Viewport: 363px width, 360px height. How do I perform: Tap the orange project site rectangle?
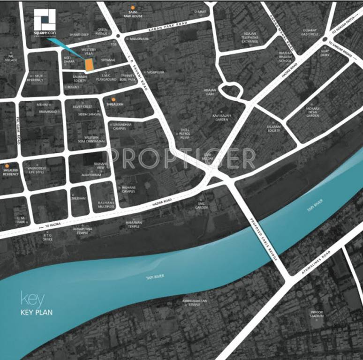[x=88, y=65]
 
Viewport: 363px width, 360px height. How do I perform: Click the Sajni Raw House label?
[x=133, y=14]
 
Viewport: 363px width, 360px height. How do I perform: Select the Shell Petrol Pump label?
[x=183, y=133]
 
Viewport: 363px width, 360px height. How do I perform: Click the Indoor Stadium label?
[x=318, y=314]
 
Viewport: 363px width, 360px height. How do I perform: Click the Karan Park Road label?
[x=167, y=27]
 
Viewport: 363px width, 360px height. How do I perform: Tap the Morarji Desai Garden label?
[x=313, y=112]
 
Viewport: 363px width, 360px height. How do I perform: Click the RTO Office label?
[x=47, y=237]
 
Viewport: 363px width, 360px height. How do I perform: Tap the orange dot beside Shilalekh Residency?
[x=7, y=165]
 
